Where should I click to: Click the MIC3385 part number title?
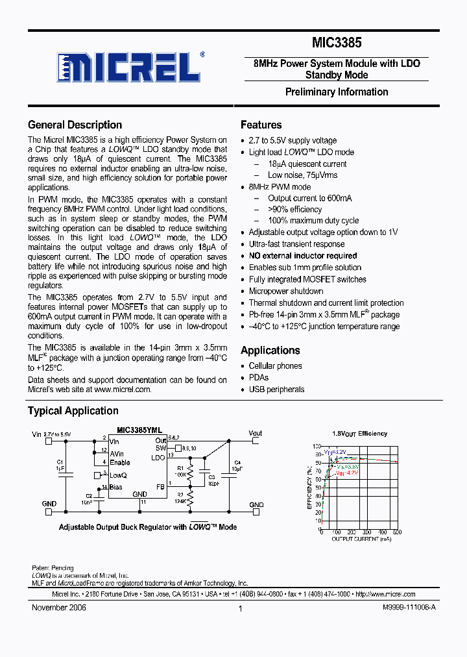click(x=337, y=43)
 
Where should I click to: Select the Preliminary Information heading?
click(x=337, y=92)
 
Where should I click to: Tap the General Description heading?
click(x=75, y=125)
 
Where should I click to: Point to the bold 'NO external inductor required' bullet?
click(x=303, y=256)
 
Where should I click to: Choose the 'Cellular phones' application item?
click(x=275, y=366)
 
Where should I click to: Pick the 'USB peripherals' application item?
click(x=276, y=390)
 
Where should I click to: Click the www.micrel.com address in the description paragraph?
click(x=122, y=390)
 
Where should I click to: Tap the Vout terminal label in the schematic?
click(x=255, y=433)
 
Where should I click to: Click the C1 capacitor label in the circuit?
click(x=60, y=462)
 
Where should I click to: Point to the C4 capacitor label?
click(x=237, y=462)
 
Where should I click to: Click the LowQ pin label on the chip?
click(x=118, y=475)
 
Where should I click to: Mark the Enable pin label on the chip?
click(x=119, y=462)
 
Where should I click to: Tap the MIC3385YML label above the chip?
click(x=139, y=430)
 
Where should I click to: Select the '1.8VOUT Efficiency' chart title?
click(x=359, y=433)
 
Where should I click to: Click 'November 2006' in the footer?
click(x=59, y=608)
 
